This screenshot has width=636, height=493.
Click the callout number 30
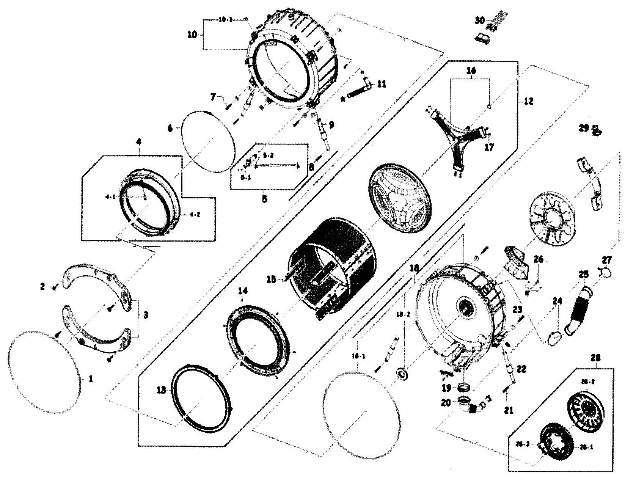480,20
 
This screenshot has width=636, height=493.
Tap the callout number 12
528,101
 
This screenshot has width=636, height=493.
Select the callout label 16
471,71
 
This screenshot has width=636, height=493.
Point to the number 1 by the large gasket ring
90,378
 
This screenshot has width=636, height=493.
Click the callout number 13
162,390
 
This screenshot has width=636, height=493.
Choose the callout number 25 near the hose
583,274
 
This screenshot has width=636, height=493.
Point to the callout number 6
170,129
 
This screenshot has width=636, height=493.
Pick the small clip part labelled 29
597,131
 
